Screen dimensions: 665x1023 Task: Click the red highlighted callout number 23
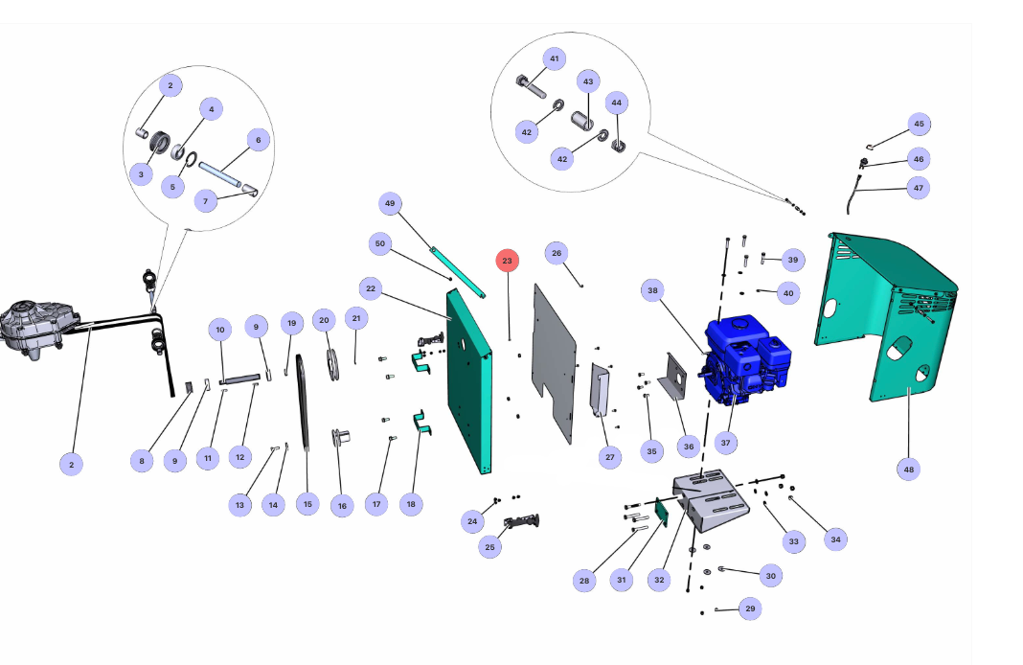click(507, 260)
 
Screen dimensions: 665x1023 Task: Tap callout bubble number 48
click(908, 469)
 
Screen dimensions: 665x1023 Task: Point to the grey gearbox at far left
click(38, 330)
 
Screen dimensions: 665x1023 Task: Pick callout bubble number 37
click(725, 443)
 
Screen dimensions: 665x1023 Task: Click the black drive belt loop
click(304, 402)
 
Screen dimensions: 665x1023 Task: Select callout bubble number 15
click(307, 503)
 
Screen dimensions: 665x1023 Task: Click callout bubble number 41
click(554, 58)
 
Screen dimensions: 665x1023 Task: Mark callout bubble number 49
click(389, 203)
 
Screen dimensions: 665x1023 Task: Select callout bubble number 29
click(750, 608)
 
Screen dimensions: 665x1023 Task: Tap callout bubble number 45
click(919, 124)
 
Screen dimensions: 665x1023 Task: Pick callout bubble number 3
click(141, 174)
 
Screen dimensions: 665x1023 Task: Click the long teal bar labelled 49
click(457, 270)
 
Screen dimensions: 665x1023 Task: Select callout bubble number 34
click(835, 539)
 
